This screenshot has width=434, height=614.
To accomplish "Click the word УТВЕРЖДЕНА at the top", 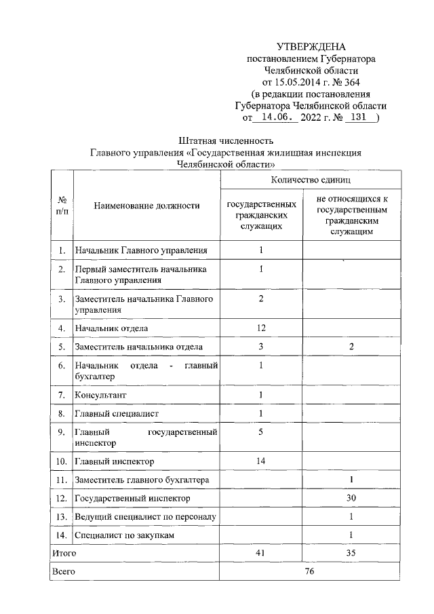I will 311,47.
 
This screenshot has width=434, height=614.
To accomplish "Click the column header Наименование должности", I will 146,205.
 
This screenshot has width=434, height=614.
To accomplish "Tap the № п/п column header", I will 62,205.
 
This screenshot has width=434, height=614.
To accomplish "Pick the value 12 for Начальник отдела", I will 261,328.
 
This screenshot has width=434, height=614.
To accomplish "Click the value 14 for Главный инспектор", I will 261,461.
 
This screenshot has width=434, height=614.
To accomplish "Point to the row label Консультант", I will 100,395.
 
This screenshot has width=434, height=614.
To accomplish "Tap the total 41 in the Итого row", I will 261,554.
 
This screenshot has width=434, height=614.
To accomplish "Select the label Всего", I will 64,572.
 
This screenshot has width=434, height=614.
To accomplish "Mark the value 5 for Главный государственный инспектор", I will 261,431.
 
